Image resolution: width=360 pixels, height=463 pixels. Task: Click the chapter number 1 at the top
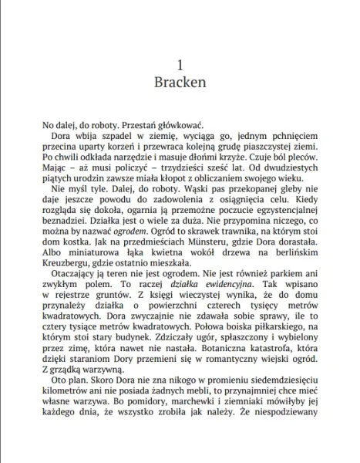pos(179,65)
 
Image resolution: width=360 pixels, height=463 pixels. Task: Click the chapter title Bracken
pos(179,82)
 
